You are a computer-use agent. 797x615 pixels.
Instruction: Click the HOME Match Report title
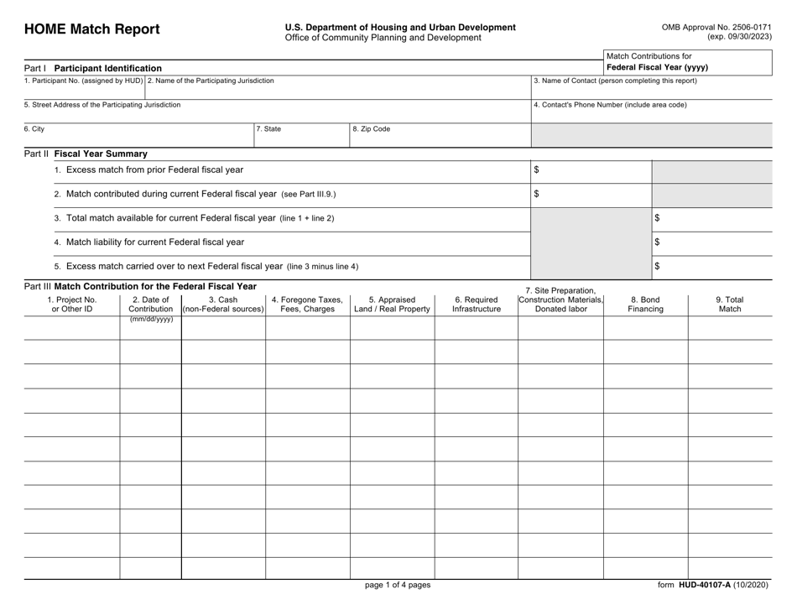tap(91, 29)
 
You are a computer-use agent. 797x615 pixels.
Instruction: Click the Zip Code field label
tap(371, 129)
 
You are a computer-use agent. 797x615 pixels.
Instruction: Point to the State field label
tap(269, 129)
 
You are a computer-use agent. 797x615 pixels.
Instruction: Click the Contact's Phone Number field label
tap(610, 105)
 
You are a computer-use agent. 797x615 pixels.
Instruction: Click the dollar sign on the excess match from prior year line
tap(537, 170)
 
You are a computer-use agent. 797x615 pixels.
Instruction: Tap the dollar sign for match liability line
tap(657, 242)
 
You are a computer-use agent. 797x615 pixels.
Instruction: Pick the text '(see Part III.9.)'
tap(308, 195)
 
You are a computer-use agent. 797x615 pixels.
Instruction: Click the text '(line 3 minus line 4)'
tap(321, 267)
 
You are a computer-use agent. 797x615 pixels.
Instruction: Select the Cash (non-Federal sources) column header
tap(222, 303)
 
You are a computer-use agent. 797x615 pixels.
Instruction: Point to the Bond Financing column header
tap(645, 303)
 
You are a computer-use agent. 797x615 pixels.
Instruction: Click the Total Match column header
tap(729, 303)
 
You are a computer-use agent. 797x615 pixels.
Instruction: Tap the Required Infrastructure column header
tap(476, 303)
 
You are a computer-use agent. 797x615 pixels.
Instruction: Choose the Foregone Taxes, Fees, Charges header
tap(307, 303)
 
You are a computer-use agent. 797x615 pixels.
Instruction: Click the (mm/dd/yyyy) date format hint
tap(151, 320)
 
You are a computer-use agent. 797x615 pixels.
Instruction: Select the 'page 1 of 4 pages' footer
tap(398, 586)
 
